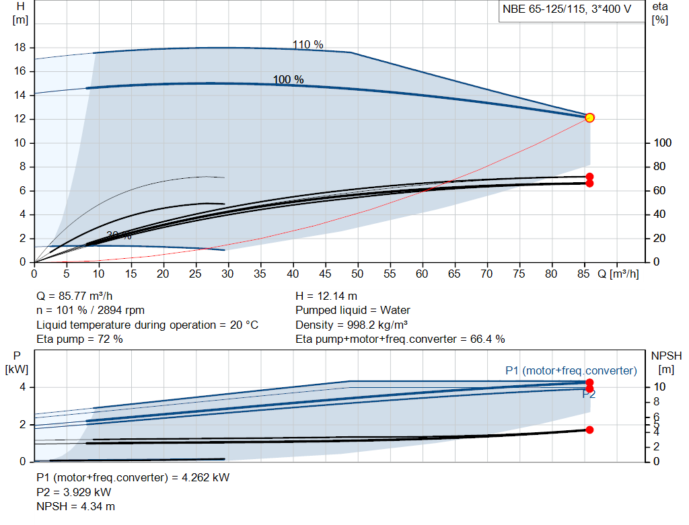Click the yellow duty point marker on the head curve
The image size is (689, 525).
click(589, 118)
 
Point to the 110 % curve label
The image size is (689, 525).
click(307, 45)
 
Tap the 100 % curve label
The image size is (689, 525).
click(288, 80)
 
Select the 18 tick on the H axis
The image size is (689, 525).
click(20, 48)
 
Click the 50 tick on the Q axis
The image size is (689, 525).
click(357, 274)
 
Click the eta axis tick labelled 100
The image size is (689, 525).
click(662, 143)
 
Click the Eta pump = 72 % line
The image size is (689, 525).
click(79, 339)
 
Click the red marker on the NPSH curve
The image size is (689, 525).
click(589, 430)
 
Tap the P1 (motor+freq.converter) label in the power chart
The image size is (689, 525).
click(571, 370)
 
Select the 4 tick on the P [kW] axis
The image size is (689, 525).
click(22, 387)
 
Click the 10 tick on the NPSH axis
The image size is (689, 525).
click(660, 387)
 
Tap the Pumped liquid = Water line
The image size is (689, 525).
click(353, 311)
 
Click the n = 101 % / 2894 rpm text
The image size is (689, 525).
click(90, 311)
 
